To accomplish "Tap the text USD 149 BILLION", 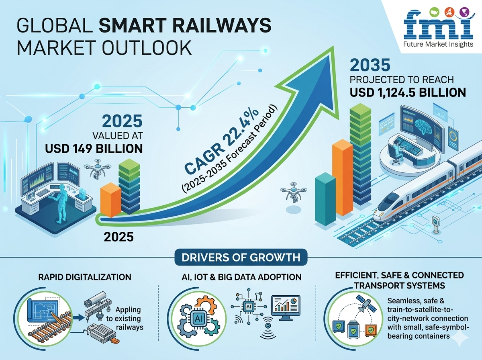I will tap(94, 148).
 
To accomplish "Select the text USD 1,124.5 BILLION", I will tap(408, 92).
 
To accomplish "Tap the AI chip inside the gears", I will tap(198, 318).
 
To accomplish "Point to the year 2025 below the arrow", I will tap(118, 236).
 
